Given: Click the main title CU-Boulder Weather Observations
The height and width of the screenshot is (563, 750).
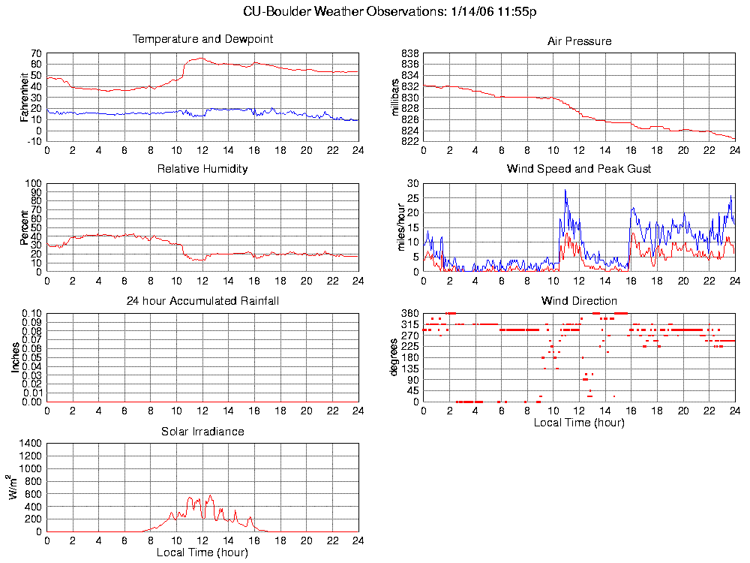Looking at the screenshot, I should (x=390, y=11).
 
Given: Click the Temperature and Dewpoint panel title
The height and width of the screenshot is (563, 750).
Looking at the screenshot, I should (x=202, y=39).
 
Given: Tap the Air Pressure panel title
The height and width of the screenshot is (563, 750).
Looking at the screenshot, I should (x=579, y=41).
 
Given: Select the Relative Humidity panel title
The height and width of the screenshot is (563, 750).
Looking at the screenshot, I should (x=202, y=169).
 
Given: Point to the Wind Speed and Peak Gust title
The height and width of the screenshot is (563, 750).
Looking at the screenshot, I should (x=579, y=169).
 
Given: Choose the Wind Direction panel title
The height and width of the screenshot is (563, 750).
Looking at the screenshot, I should (x=579, y=301).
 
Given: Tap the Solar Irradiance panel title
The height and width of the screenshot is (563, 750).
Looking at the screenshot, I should (x=202, y=432).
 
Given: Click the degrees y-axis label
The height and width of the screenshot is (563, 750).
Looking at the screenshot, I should (x=394, y=357).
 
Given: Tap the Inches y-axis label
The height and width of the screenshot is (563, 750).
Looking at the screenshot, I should (x=14, y=357).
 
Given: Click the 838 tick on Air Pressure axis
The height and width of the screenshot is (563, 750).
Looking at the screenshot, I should (x=409, y=54).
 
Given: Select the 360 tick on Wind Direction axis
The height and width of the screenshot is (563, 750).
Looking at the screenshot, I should (x=410, y=313).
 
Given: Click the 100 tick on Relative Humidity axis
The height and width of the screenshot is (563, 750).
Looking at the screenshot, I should (x=32, y=184).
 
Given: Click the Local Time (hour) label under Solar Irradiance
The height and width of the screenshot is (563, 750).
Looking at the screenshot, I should (x=202, y=553).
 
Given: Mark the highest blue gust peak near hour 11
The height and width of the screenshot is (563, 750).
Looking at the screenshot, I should (x=565, y=191).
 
